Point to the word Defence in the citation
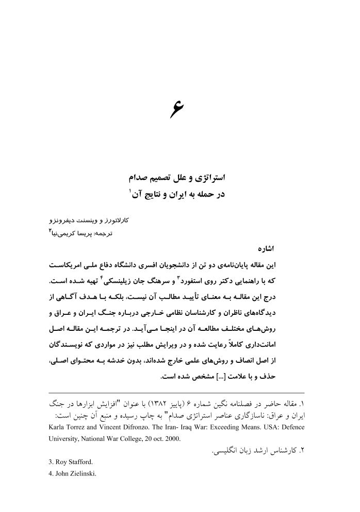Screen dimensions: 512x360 (292, 427)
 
